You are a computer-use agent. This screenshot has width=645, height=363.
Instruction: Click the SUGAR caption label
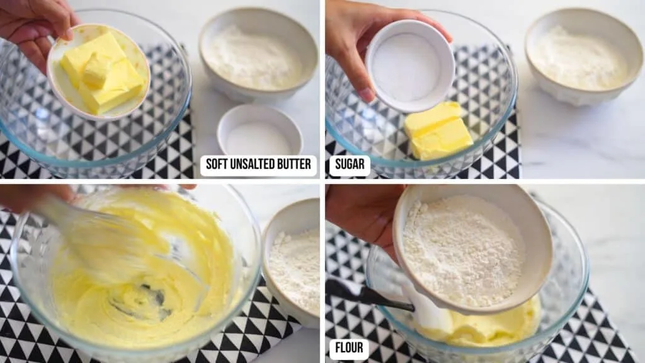[x=350, y=164]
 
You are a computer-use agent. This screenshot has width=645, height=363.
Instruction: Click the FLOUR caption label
[x=349, y=348]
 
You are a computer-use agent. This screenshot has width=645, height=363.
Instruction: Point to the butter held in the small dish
[x=103, y=73]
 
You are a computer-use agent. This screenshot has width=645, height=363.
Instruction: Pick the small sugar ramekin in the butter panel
[x=259, y=130]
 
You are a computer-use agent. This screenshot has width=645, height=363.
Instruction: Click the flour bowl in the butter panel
[x=258, y=54]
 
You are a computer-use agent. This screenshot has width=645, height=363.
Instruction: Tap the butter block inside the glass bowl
[x=438, y=131]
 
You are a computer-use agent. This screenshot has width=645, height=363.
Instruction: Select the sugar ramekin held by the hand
[x=409, y=66]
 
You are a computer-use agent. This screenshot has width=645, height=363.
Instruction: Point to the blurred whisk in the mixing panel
[x=103, y=239]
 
